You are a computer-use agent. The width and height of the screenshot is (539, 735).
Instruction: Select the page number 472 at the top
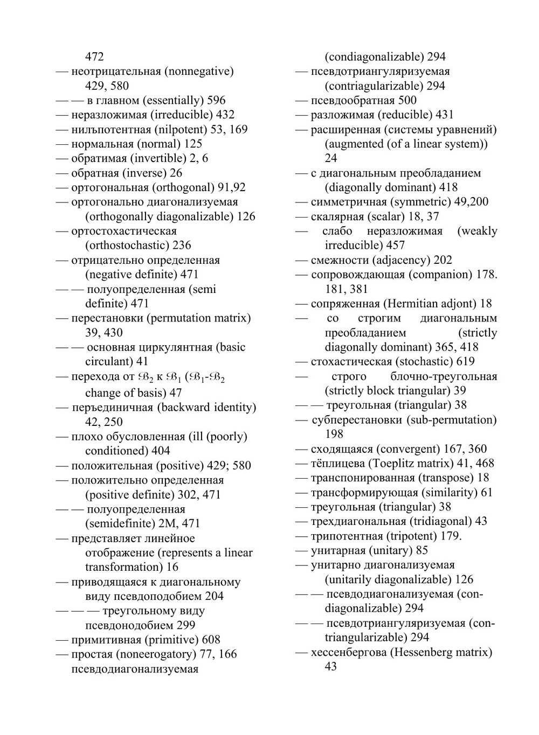(94, 57)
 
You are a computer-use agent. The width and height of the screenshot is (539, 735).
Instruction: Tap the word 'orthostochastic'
(127, 245)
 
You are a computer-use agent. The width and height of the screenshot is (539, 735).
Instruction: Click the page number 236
(182, 245)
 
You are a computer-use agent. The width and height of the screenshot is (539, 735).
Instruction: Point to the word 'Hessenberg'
(425, 652)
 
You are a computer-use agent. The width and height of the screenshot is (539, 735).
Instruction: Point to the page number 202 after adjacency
(443, 260)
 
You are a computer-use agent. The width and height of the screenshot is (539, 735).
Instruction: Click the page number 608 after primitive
(211, 640)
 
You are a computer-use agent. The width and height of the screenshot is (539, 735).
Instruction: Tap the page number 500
(407, 100)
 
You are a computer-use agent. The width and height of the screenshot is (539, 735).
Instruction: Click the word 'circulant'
(108, 361)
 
